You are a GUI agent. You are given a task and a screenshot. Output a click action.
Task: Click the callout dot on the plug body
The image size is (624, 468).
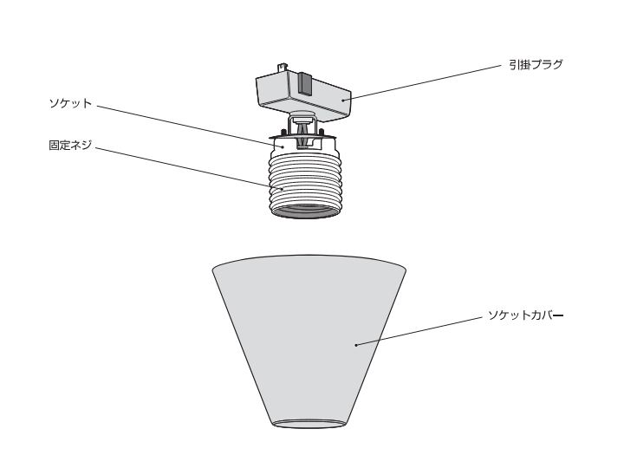pos(343,101)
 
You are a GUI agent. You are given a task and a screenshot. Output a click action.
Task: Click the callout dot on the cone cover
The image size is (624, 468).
pos(356,345)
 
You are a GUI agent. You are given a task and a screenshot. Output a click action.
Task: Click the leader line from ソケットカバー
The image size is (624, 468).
pos(416,330)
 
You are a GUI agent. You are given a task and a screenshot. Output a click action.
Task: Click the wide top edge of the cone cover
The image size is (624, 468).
pos(310,257)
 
